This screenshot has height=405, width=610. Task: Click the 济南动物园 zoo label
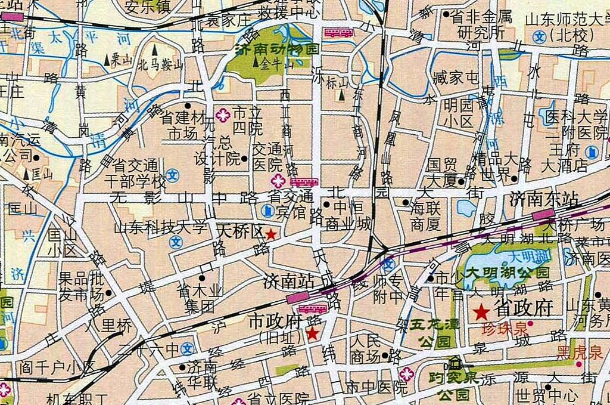click(x=277, y=50)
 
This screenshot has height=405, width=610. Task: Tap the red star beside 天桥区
click(x=270, y=234)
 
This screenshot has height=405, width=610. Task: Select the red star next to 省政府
click(x=481, y=311)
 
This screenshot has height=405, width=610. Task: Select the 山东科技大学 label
click(x=160, y=227)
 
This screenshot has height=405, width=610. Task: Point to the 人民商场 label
click(x=366, y=350)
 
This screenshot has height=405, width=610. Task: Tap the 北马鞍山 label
click(x=160, y=64)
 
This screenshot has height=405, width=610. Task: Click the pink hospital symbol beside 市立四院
click(x=222, y=115)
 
